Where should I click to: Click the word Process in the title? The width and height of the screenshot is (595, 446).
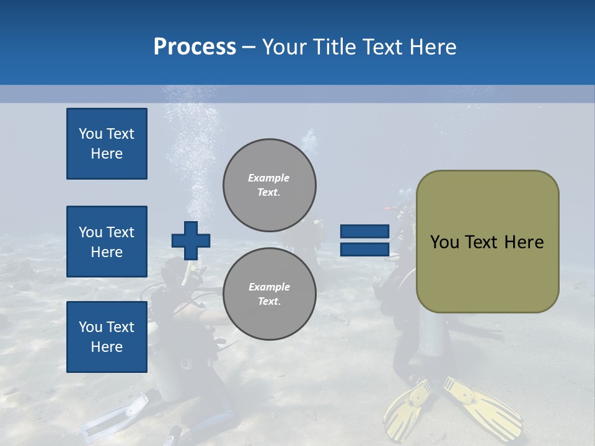tap(195, 47)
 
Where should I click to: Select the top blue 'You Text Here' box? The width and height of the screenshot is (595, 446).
tap(107, 144)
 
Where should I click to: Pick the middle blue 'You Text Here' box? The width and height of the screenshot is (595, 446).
tap(107, 242)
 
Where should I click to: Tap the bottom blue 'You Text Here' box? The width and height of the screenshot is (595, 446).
tap(107, 336)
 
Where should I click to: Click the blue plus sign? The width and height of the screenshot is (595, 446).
tap(190, 240)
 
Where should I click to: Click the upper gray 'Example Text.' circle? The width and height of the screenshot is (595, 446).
tap(269, 185)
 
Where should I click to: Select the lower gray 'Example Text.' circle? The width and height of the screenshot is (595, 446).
tap(269, 294)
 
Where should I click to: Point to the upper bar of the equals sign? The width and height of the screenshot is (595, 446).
tap(364, 232)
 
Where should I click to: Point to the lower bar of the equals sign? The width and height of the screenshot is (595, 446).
tap(364, 250)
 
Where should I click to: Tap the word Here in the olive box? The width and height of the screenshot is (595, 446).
tap(524, 242)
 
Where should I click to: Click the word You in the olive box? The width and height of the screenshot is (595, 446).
tap(444, 242)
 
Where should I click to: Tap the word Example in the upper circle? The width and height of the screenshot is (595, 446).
tap(268, 178)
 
